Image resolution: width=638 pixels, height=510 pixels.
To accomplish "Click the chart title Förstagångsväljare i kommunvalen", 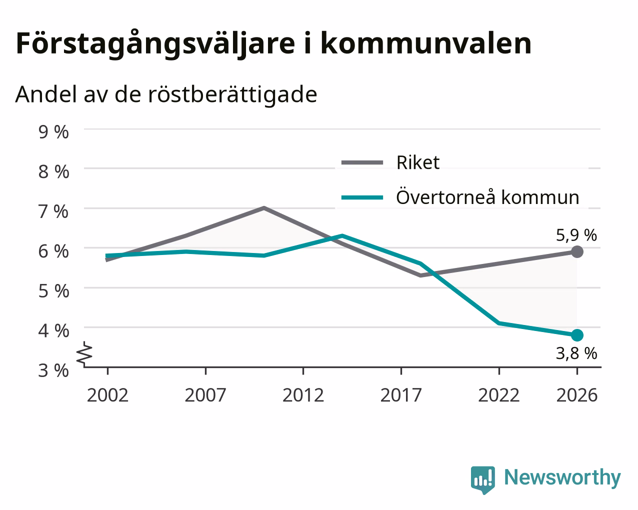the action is [x=273, y=44].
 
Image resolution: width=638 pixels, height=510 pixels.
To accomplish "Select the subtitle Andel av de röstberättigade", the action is [x=166, y=95].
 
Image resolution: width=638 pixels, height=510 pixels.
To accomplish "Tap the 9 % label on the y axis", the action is [x=53, y=132].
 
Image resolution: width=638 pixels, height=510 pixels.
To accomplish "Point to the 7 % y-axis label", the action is [x=53, y=211].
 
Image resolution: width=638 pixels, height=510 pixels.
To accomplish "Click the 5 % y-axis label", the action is [x=53, y=291].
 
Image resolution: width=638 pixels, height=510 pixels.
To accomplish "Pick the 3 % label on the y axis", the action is [x=53, y=370].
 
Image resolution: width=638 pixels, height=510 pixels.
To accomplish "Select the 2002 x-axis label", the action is [x=107, y=395].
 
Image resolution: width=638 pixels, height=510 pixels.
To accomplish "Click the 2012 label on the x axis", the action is [x=303, y=395].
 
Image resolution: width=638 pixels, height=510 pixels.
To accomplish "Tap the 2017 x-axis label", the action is [x=401, y=395].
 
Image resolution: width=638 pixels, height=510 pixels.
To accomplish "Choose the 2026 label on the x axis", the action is [x=577, y=395].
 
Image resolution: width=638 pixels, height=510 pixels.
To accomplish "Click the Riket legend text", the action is [x=417, y=162].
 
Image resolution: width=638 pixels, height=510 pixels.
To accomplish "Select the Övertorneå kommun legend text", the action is [x=487, y=196].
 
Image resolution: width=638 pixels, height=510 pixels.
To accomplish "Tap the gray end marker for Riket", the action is [x=577, y=251].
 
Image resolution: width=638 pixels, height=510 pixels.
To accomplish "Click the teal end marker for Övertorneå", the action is [x=577, y=335].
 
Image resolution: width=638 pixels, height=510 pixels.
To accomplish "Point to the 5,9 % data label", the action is [x=576, y=235].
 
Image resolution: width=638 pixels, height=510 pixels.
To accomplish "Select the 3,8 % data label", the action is [x=576, y=353].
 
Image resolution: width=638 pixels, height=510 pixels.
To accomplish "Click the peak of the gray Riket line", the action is [x=264, y=208].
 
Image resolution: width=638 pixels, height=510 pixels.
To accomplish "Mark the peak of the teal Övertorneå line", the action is [x=342, y=235].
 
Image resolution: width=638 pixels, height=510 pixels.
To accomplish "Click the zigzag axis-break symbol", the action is [x=84, y=352].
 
